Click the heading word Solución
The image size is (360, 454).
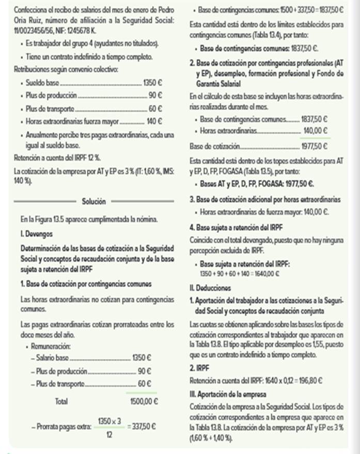tap(94, 200)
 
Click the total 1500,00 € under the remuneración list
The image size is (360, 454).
tap(144, 401)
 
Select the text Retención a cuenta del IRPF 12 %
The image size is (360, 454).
tap(57, 156)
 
